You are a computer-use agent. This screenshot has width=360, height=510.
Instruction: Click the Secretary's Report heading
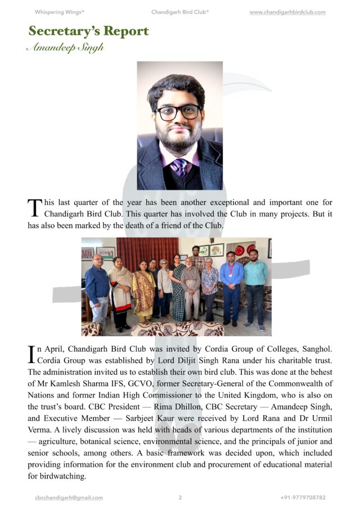tap(88, 31)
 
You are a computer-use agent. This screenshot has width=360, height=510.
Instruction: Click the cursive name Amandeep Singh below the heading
tap(65, 48)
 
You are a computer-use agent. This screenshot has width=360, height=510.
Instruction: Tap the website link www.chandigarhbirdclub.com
tap(287, 12)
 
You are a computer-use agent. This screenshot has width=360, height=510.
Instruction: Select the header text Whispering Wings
tap(59, 12)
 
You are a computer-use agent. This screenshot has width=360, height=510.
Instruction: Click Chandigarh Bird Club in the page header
tap(179, 12)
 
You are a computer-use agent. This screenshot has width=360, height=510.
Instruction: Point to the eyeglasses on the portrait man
tap(179, 112)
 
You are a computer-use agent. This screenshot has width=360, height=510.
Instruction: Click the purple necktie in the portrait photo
tap(180, 167)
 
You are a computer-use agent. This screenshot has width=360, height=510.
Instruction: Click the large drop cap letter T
tap(34, 208)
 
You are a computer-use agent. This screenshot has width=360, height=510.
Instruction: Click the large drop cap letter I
tap(31, 354)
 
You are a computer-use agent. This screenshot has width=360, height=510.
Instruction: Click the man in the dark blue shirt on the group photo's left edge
tap(97, 287)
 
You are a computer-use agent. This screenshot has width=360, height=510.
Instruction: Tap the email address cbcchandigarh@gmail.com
tap(69, 498)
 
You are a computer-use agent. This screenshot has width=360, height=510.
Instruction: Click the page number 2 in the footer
tap(180, 498)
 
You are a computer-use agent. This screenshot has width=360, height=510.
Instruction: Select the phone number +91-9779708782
tap(303, 498)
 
